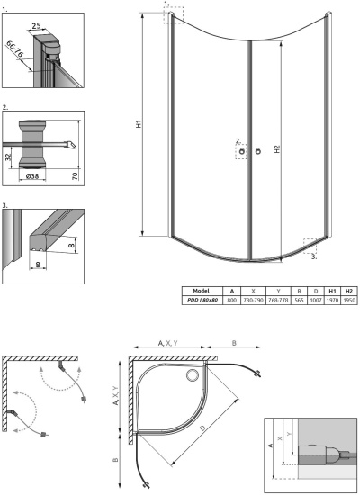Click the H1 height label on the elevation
coord(139,126)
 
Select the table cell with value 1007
coord(316,300)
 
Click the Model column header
coord(202,291)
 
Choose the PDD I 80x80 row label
coord(202,300)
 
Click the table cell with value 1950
coord(349,300)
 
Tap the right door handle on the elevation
coord(257,150)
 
